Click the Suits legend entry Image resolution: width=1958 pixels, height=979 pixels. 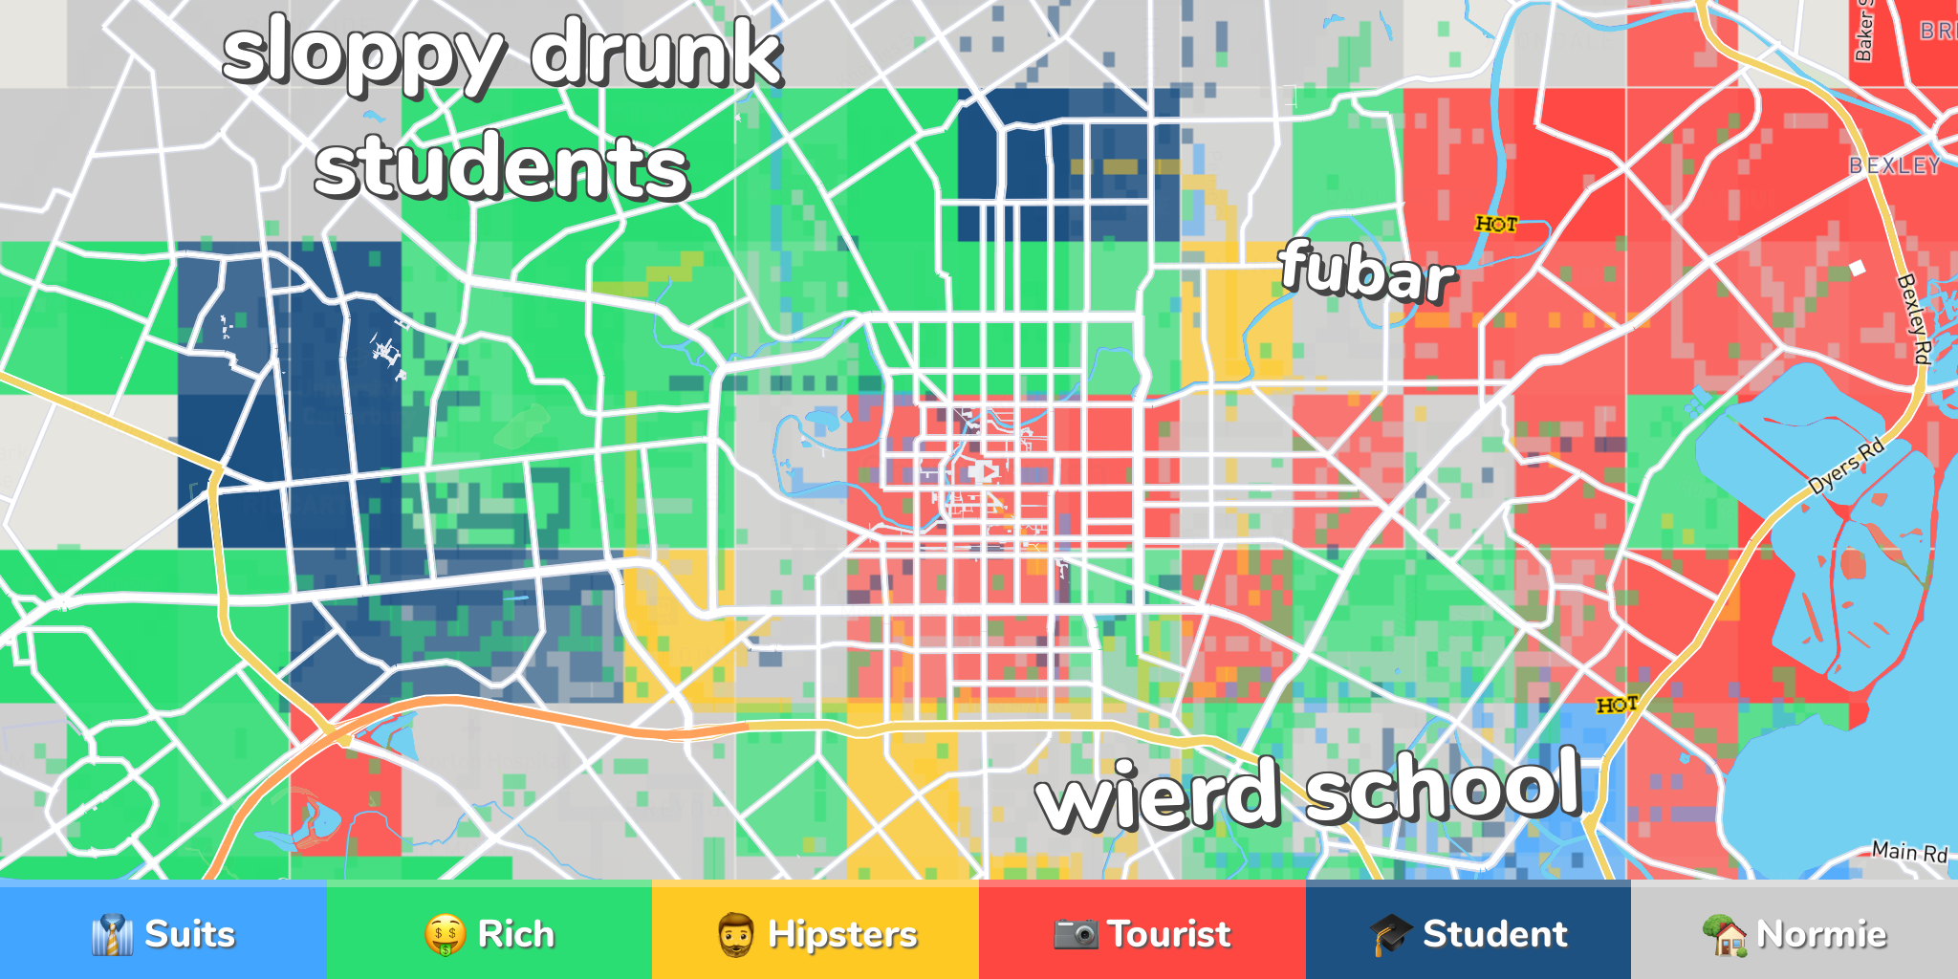pos(163,933)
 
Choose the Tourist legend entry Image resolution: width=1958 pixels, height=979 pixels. pos(1142,933)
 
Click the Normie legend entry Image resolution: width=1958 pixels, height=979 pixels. pos(1795,933)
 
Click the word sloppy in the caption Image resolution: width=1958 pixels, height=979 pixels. pos(363,55)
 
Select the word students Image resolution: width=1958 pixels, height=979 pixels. pos(502,168)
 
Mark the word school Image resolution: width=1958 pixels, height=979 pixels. pos(1444,786)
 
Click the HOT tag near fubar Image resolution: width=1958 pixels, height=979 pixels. pos(1496,224)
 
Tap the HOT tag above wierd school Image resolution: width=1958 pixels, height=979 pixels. pos(1617,705)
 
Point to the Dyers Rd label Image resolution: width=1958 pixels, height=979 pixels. pos(1846,466)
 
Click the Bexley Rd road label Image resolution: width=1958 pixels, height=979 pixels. pos(1913,318)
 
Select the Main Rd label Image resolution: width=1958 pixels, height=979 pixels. pos(1908,851)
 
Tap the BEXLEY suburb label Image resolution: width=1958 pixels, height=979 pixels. pos(1894,165)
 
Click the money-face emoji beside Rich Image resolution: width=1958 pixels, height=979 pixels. pos(446,934)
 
